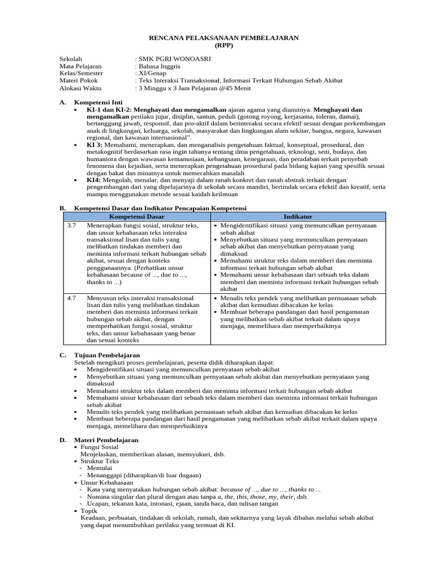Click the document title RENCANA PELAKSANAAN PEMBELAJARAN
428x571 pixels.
click(x=223, y=37)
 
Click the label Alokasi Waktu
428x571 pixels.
click(x=81, y=88)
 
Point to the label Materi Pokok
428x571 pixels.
click(x=79, y=81)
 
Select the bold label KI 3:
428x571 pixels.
click(x=95, y=144)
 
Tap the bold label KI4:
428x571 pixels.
click(x=94, y=181)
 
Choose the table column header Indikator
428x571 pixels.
click(x=298, y=216)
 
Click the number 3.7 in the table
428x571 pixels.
click(x=71, y=225)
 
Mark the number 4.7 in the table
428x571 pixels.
click(x=71, y=298)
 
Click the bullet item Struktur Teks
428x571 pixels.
click(x=100, y=462)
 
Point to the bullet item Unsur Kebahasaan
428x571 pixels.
click(x=107, y=483)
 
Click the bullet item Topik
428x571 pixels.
click(x=89, y=511)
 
